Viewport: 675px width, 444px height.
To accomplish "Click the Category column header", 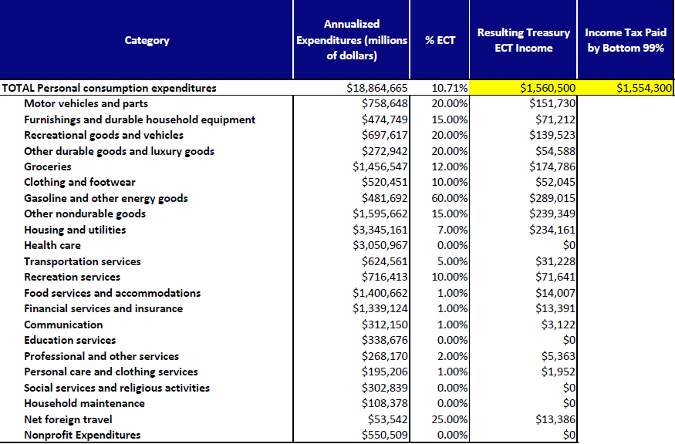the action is pyautogui.click(x=147, y=40).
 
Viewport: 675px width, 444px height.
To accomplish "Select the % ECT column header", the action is pyautogui.click(x=440, y=40).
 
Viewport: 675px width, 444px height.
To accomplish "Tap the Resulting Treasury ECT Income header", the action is pyautogui.click(x=524, y=40).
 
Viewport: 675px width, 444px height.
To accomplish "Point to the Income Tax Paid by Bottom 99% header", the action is pyautogui.click(x=626, y=40).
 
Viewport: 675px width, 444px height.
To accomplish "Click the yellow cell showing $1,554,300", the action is pyautogui.click(x=625, y=88).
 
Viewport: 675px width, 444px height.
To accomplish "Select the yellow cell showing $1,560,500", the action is pyautogui.click(x=523, y=88).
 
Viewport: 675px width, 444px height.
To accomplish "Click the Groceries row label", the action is pyautogui.click(x=48, y=167).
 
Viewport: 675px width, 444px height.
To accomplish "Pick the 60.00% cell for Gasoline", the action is pyautogui.click(x=450, y=198).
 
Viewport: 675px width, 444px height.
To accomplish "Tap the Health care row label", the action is pyautogui.click(x=52, y=246).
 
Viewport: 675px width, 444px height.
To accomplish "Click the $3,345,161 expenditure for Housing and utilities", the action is pyautogui.click(x=380, y=230).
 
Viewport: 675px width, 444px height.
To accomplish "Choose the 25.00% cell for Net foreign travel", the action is pyautogui.click(x=450, y=419).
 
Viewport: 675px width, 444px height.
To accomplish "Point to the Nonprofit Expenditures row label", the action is pyautogui.click(x=83, y=435).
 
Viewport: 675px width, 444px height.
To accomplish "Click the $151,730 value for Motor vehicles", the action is pyautogui.click(x=552, y=104).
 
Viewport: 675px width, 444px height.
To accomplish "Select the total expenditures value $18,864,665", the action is pyautogui.click(x=377, y=88).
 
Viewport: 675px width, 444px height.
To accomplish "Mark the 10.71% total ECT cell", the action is pyautogui.click(x=450, y=88).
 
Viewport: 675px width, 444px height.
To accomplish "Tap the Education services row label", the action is pyautogui.click(x=69, y=340).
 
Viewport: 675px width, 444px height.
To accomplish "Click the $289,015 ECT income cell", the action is pyautogui.click(x=552, y=198).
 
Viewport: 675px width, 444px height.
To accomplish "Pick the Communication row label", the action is pyautogui.click(x=63, y=325).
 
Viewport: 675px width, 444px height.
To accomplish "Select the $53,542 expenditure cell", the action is pyautogui.click(x=388, y=419).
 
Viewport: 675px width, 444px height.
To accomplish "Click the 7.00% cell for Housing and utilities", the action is pyautogui.click(x=452, y=230).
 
